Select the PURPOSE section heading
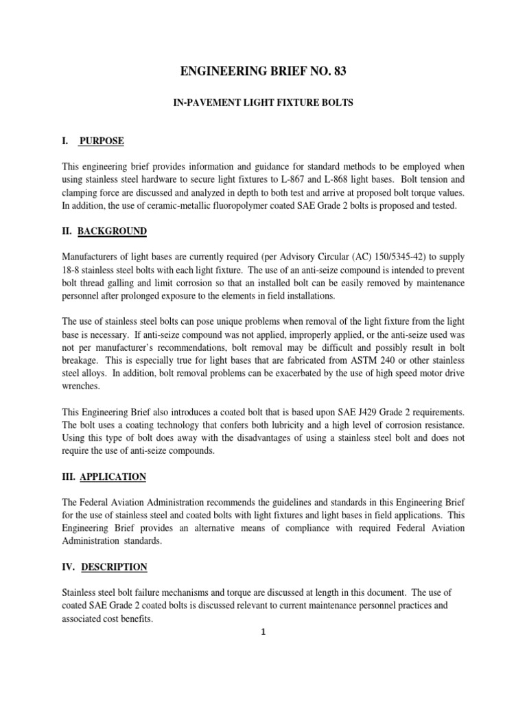coord(102,141)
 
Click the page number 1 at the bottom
coord(263,633)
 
